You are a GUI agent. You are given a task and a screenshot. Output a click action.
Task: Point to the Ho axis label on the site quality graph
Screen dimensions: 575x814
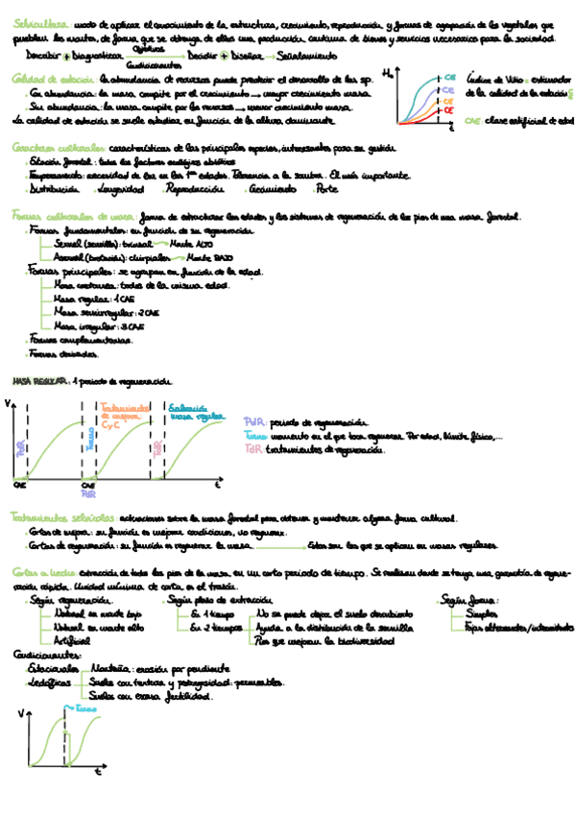[x=387, y=73]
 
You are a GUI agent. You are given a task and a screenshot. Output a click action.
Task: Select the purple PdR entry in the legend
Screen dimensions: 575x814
[x=253, y=422]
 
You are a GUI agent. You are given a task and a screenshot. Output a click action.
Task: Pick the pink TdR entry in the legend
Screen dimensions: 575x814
[x=253, y=448]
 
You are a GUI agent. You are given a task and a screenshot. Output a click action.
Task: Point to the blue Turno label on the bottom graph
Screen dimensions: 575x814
[x=86, y=710]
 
